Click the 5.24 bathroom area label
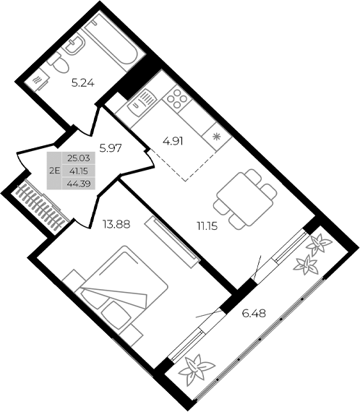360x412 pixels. [82, 82]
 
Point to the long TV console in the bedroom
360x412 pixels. [171, 240]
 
